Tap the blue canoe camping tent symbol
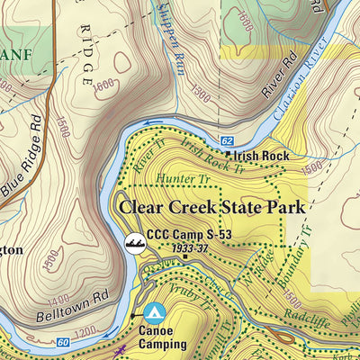154,312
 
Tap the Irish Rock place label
264,156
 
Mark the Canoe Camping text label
163,337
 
